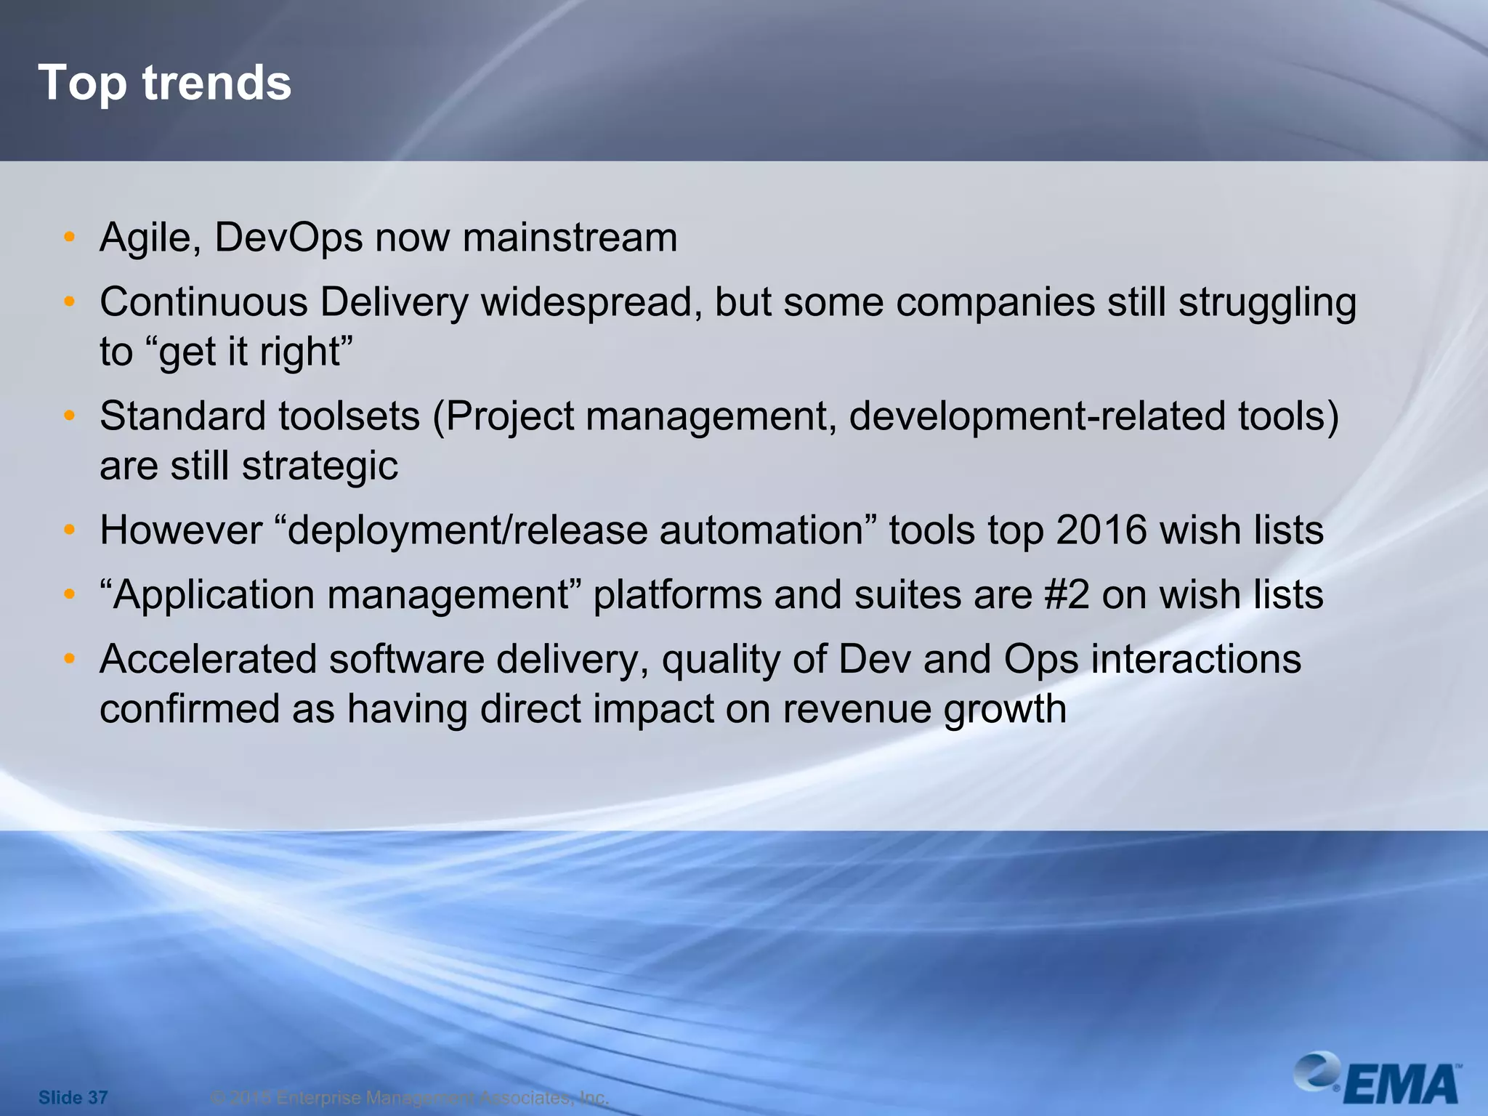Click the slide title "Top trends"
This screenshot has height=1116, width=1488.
[165, 83]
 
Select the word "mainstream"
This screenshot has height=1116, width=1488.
[570, 238]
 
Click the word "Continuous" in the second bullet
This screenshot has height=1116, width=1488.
[203, 302]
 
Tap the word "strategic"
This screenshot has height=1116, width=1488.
[320, 466]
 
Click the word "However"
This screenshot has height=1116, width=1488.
[181, 530]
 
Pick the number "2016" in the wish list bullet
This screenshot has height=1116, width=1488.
[1101, 530]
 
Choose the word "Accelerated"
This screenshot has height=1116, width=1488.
[208, 660]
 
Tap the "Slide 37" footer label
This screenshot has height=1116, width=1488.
[73, 1097]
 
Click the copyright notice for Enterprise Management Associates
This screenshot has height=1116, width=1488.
[409, 1097]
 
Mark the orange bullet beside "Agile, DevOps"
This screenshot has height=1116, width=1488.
[69, 237]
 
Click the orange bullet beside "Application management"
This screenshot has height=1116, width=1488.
[69, 594]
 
